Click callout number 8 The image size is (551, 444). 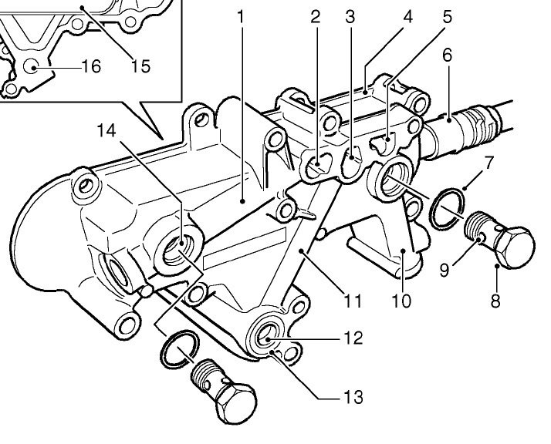pyautogui.click(x=495, y=299)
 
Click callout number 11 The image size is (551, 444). pyautogui.click(x=353, y=299)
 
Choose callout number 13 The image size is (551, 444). pyautogui.click(x=353, y=398)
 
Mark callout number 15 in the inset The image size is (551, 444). pyautogui.click(x=140, y=66)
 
